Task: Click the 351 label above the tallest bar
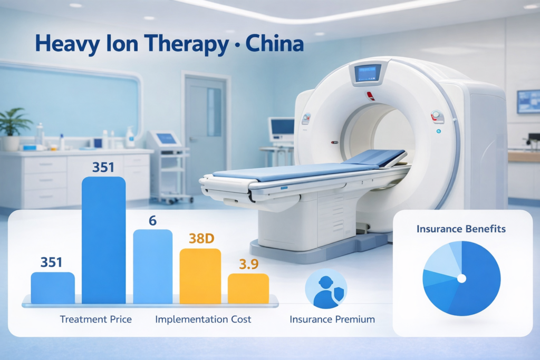(x=103, y=167)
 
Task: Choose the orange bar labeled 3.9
(x=248, y=288)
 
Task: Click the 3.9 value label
(x=248, y=265)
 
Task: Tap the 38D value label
(x=201, y=239)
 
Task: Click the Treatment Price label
(x=96, y=319)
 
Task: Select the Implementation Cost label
(x=203, y=319)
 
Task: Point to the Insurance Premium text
(x=332, y=319)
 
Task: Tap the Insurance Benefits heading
(x=461, y=229)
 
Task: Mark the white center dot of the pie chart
(x=461, y=278)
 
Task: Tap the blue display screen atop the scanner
(x=367, y=73)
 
